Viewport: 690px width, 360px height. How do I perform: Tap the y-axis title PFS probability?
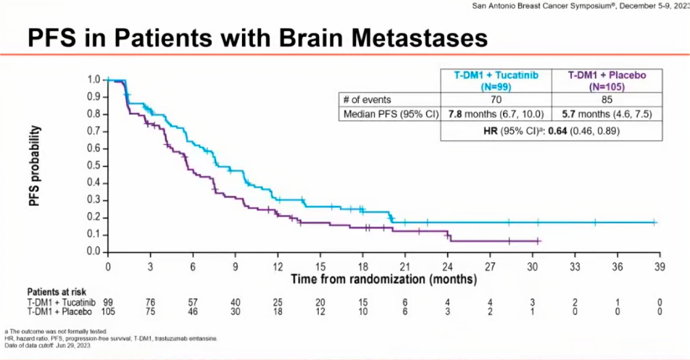click(34, 166)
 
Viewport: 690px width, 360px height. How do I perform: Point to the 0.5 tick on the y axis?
click(93, 165)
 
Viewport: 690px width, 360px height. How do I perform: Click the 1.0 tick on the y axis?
click(93, 79)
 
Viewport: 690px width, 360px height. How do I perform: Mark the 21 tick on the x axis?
click(406, 265)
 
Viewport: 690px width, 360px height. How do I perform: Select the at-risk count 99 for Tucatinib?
click(108, 301)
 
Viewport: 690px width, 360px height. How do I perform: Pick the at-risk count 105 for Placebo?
click(108, 311)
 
